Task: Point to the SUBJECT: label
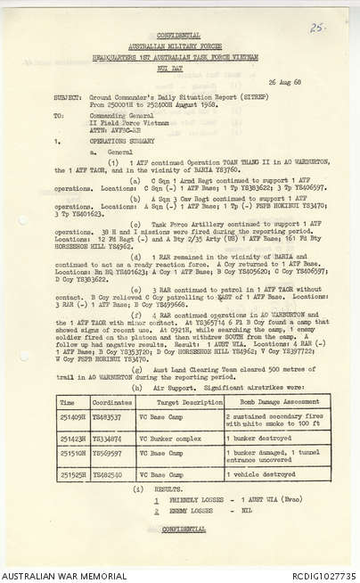tap(67, 96)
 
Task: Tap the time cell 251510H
tap(71, 454)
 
